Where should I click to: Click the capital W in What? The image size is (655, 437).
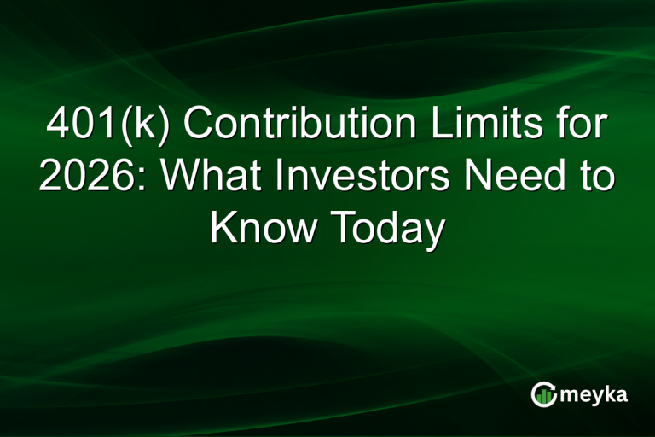pos(181,178)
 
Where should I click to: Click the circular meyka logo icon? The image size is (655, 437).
pos(543,393)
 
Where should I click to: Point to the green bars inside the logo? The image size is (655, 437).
pos(544,395)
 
